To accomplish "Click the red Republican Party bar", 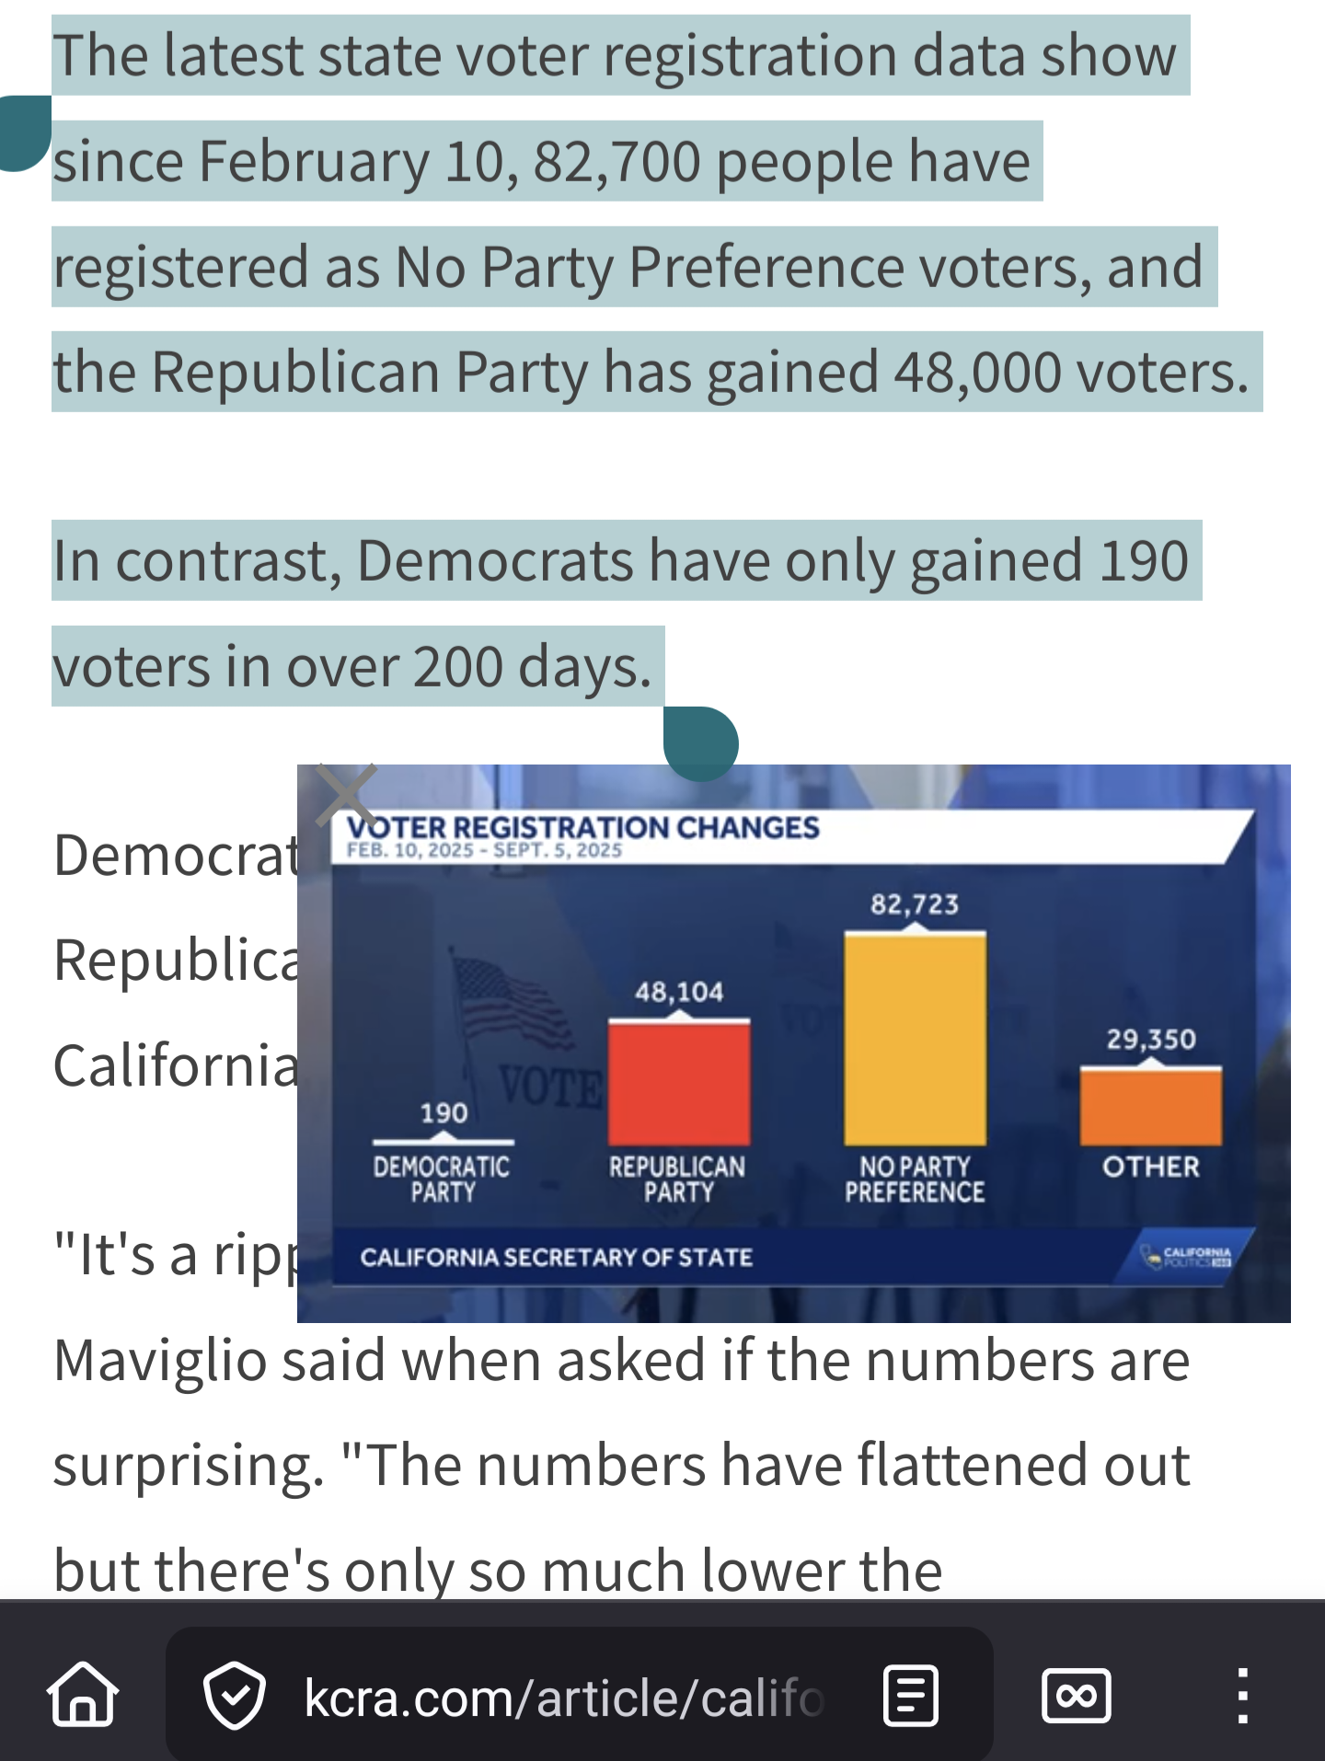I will (x=679, y=1082).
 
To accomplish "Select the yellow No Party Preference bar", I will (x=915, y=1039).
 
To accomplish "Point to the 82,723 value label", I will (x=915, y=904).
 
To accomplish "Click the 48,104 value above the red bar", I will (x=679, y=992).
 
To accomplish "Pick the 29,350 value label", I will (x=1151, y=1040).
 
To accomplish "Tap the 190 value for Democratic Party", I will (x=444, y=1113).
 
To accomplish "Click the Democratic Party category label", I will (x=442, y=1179).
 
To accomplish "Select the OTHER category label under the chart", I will (x=1151, y=1167).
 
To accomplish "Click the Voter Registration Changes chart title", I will (x=582, y=827).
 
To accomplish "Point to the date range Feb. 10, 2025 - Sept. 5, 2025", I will (x=484, y=850).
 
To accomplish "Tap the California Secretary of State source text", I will (x=557, y=1257).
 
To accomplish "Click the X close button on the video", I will (x=346, y=795).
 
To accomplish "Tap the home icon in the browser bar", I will (x=83, y=1694).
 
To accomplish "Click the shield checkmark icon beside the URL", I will (x=235, y=1695).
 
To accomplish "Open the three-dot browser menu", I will (x=1242, y=1695).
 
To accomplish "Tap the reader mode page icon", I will (x=910, y=1695).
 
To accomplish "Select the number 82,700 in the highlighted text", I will (x=617, y=161).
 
